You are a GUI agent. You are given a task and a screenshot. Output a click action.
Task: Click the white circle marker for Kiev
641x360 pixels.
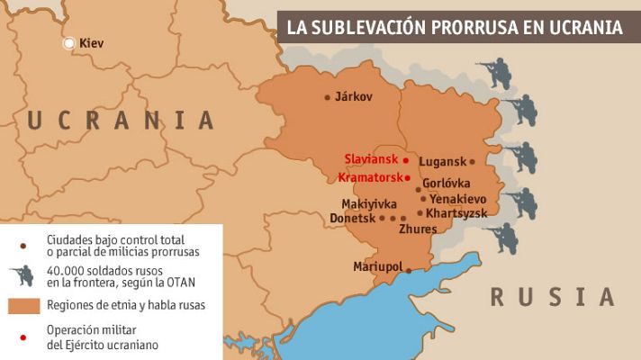[x=69, y=43]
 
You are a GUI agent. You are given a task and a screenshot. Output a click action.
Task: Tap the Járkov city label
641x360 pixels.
[x=354, y=97]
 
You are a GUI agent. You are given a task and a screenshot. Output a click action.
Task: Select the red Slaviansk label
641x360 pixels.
[x=371, y=159]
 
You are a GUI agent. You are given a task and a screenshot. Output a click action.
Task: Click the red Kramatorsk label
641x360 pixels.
[x=370, y=177]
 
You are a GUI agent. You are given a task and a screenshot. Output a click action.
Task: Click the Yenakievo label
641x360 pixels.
[x=459, y=198]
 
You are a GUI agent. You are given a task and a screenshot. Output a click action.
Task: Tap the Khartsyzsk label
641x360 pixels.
[x=456, y=213]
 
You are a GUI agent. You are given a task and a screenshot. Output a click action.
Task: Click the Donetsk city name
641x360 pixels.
[x=351, y=218]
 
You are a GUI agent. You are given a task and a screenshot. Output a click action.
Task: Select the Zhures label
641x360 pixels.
[x=418, y=229]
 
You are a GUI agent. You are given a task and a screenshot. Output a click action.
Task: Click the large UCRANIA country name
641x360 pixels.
[x=121, y=120]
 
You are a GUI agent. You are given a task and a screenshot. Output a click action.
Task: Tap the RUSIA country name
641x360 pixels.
[x=551, y=296]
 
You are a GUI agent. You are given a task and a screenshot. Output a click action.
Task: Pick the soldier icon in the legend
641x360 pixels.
[x=21, y=275]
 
